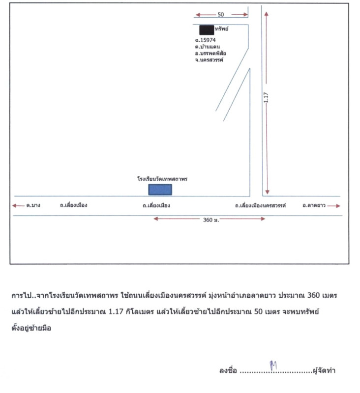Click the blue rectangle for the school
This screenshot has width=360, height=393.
tap(160, 190)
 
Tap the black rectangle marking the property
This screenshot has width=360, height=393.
tap(206, 29)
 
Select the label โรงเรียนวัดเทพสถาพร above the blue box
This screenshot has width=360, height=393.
tap(163, 180)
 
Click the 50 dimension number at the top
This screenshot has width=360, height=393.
tap(220, 15)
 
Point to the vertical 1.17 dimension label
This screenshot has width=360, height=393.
tap(266, 98)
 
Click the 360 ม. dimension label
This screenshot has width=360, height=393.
tap(210, 219)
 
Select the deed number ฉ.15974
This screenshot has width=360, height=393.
tap(206, 40)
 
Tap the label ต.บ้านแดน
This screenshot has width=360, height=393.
tap(207, 46)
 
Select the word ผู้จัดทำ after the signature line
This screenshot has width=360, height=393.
tap(325, 370)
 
